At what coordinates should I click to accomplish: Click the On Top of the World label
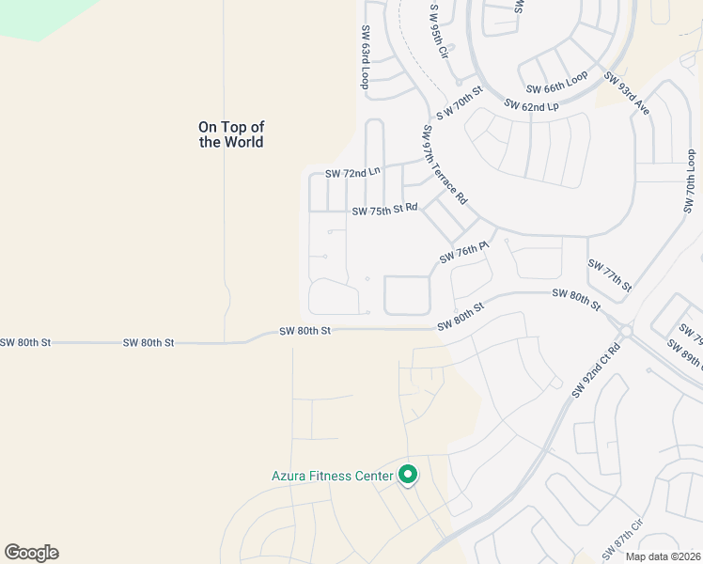[x=231, y=134]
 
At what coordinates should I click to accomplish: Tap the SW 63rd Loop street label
[x=366, y=56]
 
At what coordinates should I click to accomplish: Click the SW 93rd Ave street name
[x=628, y=94]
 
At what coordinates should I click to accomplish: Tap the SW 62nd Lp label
[x=532, y=105]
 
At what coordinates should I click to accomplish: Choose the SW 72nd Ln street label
[x=353, y=173]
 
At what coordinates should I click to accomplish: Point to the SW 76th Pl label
[x=464, y=252]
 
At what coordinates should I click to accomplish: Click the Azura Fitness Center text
[x=332, y=477]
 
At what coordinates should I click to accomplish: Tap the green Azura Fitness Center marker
[x=408, y=476]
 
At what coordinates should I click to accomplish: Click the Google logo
[x=31, y=553]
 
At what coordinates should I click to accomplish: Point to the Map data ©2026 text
[x=663, y=556]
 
